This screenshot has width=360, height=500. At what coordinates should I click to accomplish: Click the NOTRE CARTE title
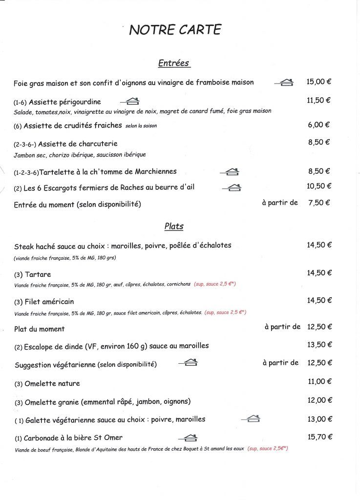[x=175, y=30]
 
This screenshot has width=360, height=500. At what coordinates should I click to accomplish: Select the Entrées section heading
[x=173, y=63]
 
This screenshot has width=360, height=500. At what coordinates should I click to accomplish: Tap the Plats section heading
[x=173, y=226]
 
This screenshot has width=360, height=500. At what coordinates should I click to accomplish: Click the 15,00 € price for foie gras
[x=319, y=82]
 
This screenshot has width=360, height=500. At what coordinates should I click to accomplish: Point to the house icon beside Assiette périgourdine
[x=130, y=102]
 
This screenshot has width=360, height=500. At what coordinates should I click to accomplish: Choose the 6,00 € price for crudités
[x=319, y=125]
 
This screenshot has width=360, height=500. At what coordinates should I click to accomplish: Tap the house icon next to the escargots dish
[x=232, y=187]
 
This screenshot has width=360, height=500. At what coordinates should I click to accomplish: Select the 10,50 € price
[x=319, y=186]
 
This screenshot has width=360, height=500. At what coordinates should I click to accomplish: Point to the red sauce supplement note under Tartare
[x=214, y=284]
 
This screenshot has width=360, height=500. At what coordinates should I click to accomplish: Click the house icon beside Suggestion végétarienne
[x=188, y=363]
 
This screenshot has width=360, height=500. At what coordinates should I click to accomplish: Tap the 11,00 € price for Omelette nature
[x=320, y=382]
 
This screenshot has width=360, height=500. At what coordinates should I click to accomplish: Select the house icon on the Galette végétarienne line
[x=251, y=419]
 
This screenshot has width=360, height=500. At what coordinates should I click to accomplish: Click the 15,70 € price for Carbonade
[x=319, y=437]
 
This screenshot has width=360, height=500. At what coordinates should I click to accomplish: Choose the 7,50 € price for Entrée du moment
[x=319, y=203]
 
